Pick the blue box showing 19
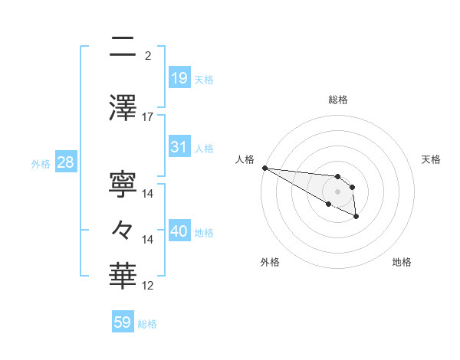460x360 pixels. [x=179, y=78]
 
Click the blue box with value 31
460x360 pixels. [x=179, y=147]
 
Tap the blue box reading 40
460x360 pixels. [x=179, y=231]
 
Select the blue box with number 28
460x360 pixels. [x=64, y=162]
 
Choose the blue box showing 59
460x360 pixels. [x=123, y=322]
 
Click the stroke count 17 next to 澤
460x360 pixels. [x=148, y=116]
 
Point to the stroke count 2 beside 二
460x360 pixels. [x=148, y=55]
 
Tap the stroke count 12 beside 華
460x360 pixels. [x=148, y=286]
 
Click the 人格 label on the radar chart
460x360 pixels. [x=245, y=159]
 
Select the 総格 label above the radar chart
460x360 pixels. [x=337, y=100]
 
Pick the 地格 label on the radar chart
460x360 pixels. [x=402, y=262]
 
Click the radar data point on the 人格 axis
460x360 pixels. [x=264, y=168]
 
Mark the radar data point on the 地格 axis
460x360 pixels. [x=357, y=217]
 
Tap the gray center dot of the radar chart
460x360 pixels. [x=337, y=191]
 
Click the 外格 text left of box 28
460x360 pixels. [x=40, y=163]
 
